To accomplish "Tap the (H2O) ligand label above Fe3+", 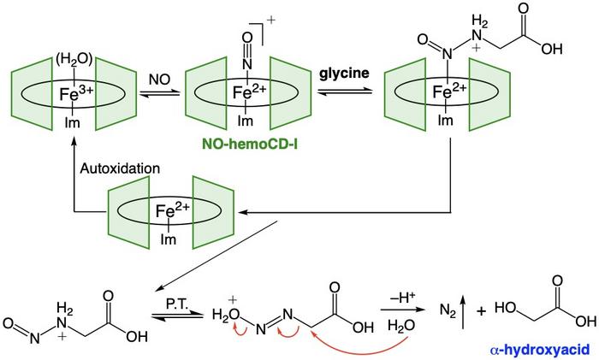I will pyautogui.click(x=71, y=61).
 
